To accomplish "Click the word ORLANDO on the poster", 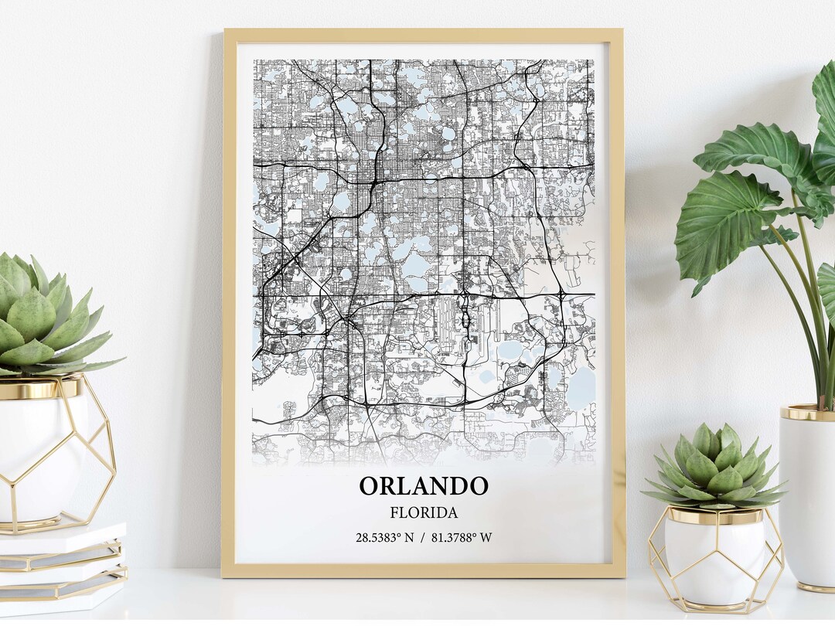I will tap(423, 486).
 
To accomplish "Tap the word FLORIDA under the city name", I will tap(423, 512).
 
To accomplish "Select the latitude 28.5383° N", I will tap(384, 537).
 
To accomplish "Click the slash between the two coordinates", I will tap(422, 537).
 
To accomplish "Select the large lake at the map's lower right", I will tap(581, 386).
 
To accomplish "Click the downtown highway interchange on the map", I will tap(373, 184).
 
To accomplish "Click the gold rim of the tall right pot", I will tap(808, 413).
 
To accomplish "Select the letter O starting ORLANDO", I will tap(369, 486).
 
